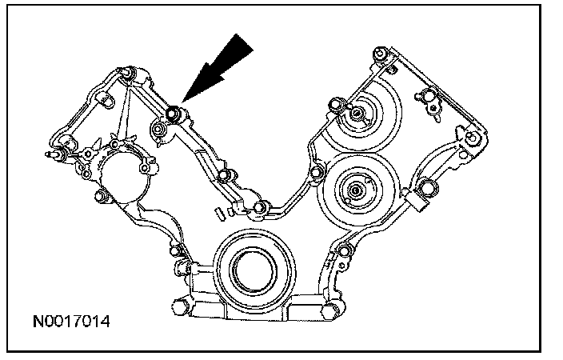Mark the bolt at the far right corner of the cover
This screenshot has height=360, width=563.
pos(474,138)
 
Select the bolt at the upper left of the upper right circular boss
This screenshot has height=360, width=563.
pos(333,103)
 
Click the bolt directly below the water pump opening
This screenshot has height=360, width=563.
pos(101,197)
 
